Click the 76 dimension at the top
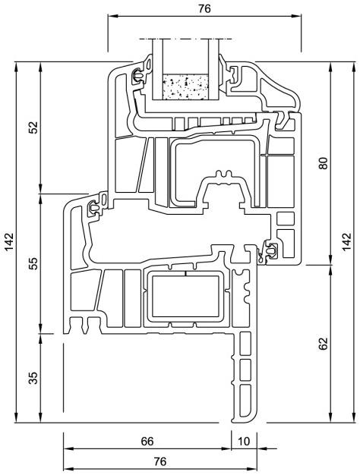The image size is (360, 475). click(x=204, y=9)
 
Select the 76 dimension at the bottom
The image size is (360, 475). click(x=160, y=461)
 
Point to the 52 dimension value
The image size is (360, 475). click(x=33, y=127)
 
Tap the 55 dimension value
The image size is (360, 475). click(x=33, y=263)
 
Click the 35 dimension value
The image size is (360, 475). click(x=33, y=378)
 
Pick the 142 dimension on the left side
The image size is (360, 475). click(x=9, y=242)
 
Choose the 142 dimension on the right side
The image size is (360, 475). click(x=346, y=242)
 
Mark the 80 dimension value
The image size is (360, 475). click(x=324, y=163)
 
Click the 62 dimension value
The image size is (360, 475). click(x=324, y=344)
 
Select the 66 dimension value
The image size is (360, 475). click(x=147, y=442)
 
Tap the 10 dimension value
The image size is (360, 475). click(x=244, y=442)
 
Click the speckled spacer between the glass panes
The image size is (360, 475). click(x=185, y=87)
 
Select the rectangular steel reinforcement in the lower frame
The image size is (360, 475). click(x=185, y=296)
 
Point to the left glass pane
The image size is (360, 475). click(x=158, y=69)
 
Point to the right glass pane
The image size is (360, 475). click(x=213, y=69)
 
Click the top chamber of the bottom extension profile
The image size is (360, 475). click(x=245, y=343)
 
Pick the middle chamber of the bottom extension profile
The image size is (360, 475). click(x=245, y=370)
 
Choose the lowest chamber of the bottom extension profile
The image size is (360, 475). click(x=245, y=401)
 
